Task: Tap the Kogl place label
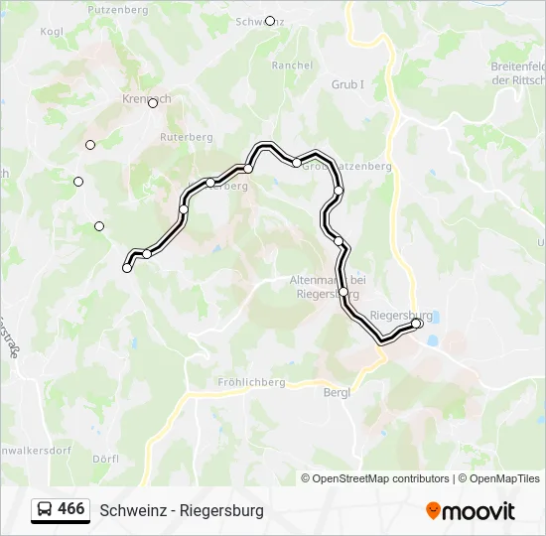coord(52,32)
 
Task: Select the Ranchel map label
coord(292,66)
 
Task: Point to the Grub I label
coord(347,85)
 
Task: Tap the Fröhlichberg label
coord(251,382)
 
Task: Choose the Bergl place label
coord(338,392)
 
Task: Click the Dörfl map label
coord(105,459)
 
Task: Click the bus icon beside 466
coord(45,509)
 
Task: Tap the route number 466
coord(71,509)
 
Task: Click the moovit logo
coord(471,510)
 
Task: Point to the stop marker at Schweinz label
coord(270,21)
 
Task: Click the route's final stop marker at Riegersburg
coord(417,324)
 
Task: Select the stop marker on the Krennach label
coord(153,103)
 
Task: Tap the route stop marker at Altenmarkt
coord(343,292)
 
